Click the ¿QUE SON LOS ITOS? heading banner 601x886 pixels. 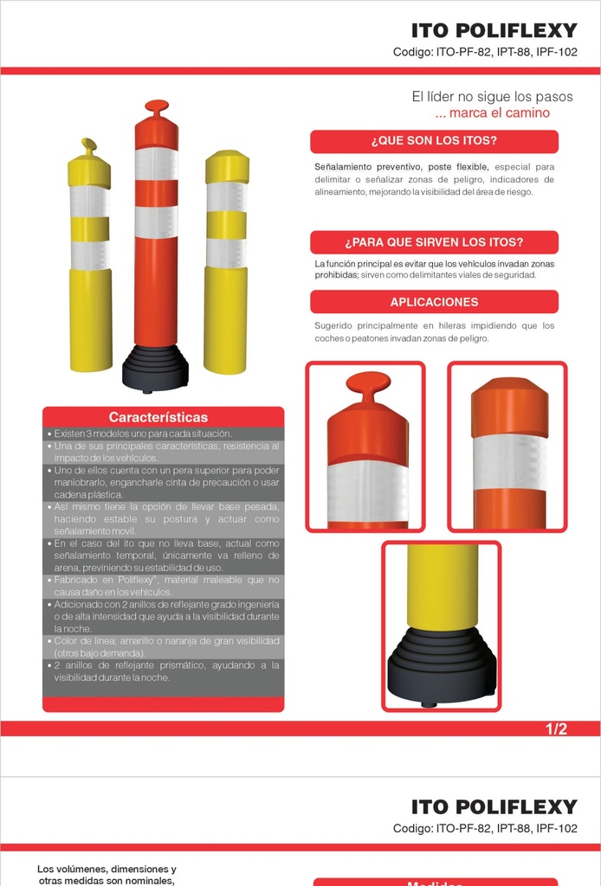[x=434, y=141]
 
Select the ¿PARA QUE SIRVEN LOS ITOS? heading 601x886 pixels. [x=434, y=242]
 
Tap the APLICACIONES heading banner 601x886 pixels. [x=434, y=302]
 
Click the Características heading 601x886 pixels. [x=158, y=418]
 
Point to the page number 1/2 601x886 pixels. [x=556, y=729]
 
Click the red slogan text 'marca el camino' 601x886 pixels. [x=499, y=113]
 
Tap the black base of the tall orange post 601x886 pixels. [x=155, y=368]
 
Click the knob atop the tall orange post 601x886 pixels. [x=157, y=106]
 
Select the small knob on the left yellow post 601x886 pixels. [x=89, y=145]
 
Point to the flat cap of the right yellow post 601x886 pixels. [x=227, y=166]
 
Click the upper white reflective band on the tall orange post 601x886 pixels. [x=156, y=164]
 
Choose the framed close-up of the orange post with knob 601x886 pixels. [x=365, y=446]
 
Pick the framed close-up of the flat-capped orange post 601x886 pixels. [x=507, y=446]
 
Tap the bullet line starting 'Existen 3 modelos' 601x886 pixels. [x=143, y=434]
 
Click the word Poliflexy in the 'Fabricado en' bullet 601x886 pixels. [x=136, y=581]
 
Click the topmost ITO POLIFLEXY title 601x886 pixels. [x=494, y=30]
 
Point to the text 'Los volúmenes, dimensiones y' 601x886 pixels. [x=107, y=869]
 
